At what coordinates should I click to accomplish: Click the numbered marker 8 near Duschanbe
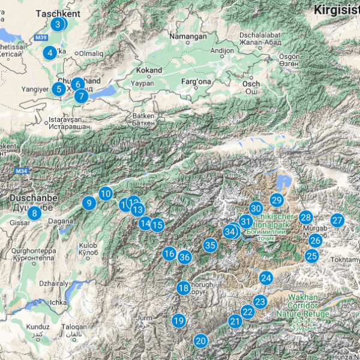tap(34, 212)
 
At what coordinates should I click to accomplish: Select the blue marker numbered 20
tap(200, 341)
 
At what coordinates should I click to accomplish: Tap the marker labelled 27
tap(337, 220)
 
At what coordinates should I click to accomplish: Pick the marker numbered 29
tap(276, 200)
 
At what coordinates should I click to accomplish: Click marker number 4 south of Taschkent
tap(49, 53)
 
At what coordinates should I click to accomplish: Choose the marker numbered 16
tap(169, 254)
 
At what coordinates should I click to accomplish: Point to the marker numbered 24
tap(266, 278)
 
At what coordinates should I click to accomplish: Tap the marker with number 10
tap(106, 193)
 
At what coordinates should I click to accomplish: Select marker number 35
tap(210, 245)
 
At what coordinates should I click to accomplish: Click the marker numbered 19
tap(178, 320)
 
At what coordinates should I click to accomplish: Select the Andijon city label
tap(222, 51)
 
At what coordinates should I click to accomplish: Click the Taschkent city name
tap(58, 13)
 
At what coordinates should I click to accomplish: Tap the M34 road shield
tap(22, 172)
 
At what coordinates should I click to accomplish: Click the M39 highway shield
tap(41, 37)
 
